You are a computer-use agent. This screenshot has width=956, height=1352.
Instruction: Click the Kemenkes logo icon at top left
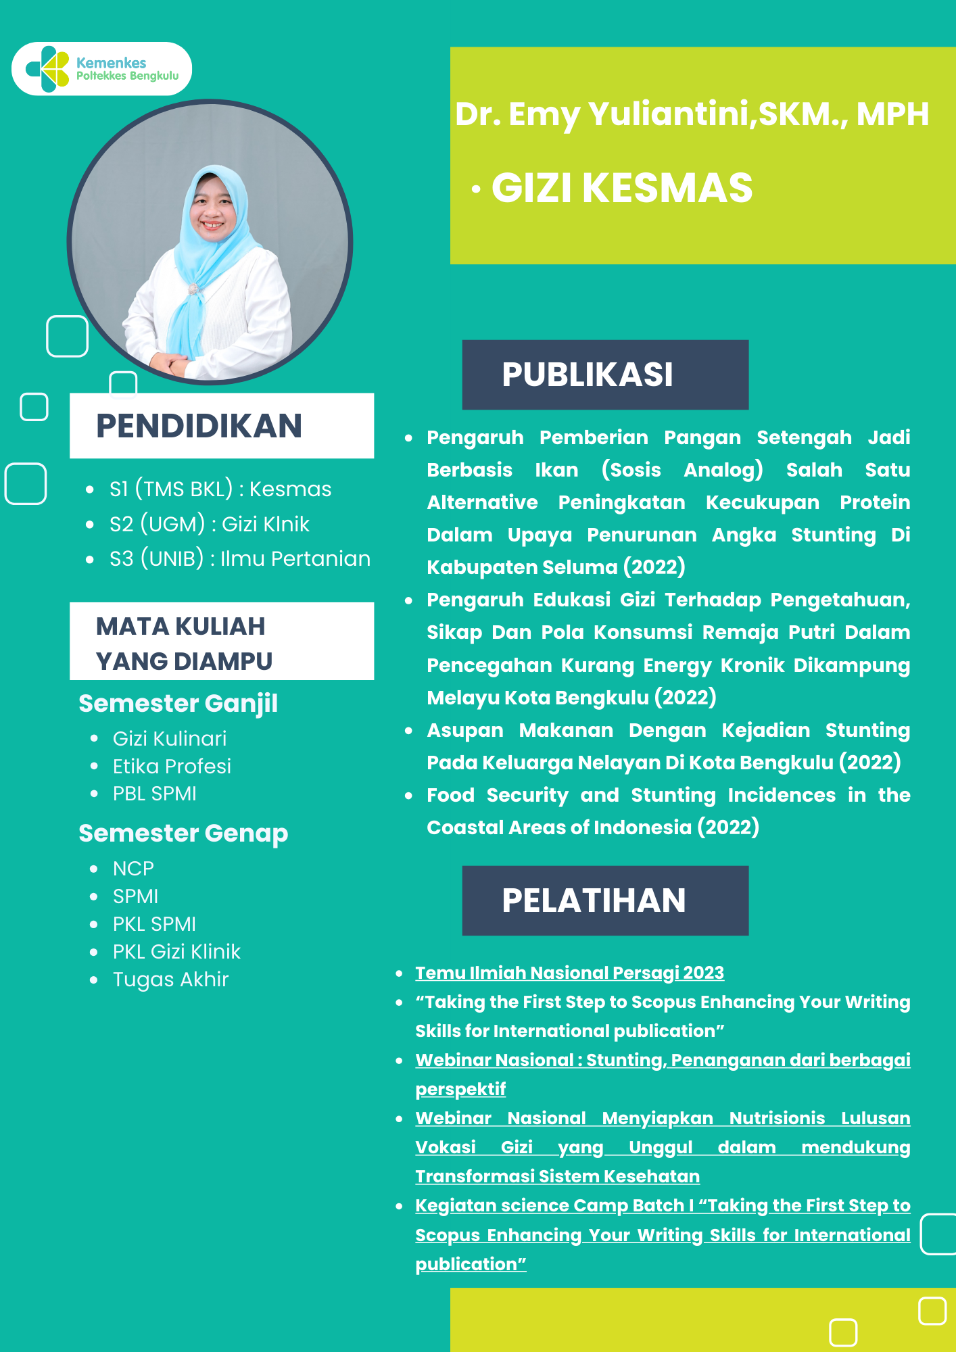(48, 69)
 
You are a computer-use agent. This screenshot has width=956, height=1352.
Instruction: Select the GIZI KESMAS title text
(621, 188)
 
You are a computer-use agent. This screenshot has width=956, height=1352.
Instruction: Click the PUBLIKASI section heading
(587, 375)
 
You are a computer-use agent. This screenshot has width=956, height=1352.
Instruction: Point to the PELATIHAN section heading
(594, 900)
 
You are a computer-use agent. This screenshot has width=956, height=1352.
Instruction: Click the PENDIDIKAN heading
(199, 426)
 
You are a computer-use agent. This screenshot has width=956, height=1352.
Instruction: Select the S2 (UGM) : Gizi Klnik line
(209, 524)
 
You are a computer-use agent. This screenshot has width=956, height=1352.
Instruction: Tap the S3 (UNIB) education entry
(239, 558)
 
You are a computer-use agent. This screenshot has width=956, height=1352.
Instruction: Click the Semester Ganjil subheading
(178, 704)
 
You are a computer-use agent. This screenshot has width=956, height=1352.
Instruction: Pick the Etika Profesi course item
(172, 766)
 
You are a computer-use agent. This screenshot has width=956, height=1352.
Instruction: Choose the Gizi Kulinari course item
(170, 738)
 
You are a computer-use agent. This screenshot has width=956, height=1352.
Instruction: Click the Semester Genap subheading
(183, 834)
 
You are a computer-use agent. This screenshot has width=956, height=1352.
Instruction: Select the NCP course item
(133, 868)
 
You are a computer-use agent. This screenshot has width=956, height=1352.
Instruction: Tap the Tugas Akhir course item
(170, 979)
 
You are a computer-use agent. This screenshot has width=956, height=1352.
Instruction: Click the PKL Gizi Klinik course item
(176, 951)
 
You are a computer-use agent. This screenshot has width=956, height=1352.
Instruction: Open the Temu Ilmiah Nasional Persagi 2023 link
(569, 973)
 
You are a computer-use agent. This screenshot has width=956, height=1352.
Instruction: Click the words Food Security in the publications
(497, 795)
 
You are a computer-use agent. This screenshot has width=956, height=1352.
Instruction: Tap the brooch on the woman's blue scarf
(194, 289)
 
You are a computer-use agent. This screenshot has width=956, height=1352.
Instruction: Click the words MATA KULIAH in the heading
(181, 627)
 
